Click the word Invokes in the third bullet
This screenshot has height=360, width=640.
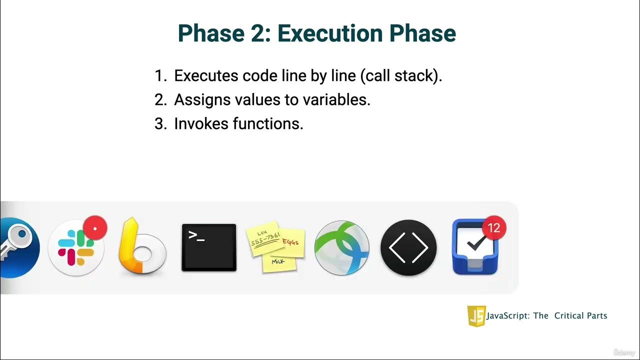tap(201, 123)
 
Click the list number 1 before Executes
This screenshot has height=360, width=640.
tap(159, 76)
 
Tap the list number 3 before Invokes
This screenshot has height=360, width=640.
tap(159, 123)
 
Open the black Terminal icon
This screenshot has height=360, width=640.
tap(208, 247)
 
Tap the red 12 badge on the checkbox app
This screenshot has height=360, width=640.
tap(493, 228)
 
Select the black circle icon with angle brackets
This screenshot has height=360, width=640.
tap(408, 248)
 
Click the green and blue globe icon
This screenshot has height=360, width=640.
tap(342, 248)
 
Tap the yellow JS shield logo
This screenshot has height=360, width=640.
tap(475, 316)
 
